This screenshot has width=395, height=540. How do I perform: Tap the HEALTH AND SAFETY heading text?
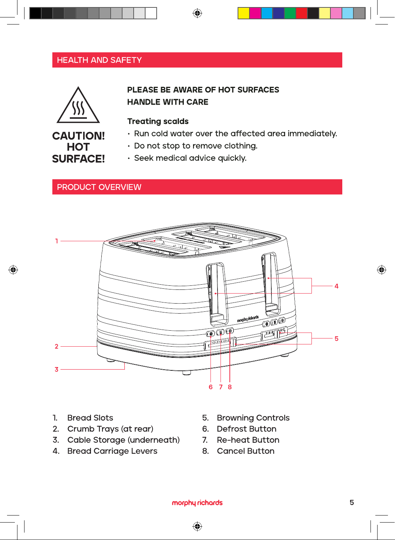(99, 60)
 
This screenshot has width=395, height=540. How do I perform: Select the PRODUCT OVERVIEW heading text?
(99, 187)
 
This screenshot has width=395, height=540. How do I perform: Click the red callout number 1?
(57, 241)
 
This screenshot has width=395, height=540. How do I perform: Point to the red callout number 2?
(56, 346)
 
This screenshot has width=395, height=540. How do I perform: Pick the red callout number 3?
(56, 369)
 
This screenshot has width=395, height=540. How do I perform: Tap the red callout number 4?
(336, 286)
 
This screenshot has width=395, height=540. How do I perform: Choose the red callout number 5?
(336, 338)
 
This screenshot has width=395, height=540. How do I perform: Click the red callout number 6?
(210, 387)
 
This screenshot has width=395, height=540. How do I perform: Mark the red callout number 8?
(229, 387)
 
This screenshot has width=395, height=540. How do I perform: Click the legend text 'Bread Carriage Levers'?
(112, 451)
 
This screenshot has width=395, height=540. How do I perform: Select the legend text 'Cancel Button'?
(245, 451)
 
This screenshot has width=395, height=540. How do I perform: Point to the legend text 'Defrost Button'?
(247, 429)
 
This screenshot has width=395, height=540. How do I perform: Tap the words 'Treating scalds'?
(158, 121)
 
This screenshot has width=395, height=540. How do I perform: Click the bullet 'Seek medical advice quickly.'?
(190, 158)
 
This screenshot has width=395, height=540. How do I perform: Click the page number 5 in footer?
(352, 503)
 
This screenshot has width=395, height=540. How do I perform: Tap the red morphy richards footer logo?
(197, 503)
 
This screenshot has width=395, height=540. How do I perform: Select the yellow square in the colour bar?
(244, 13)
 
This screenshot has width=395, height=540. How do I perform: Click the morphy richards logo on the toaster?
(248, 319)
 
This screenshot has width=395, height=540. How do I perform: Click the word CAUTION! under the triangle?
(78, 136)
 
